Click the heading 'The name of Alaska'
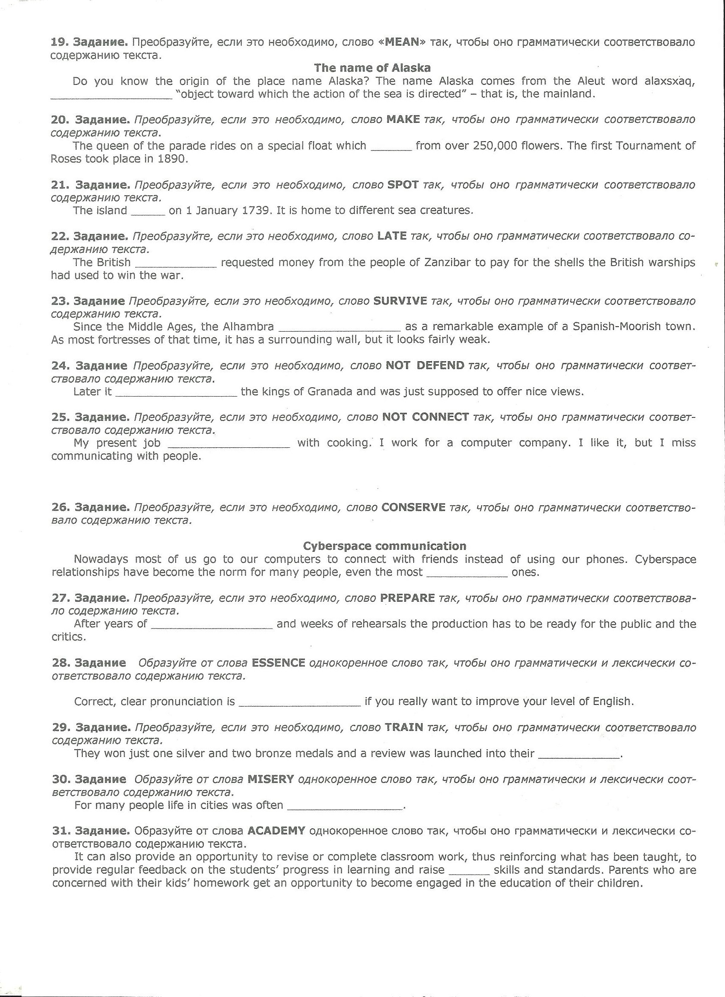pos(372,68)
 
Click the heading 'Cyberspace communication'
pos(385,546)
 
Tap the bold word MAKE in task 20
pos(403,119)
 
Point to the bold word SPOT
pos(403,185)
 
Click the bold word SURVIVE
pos(400,301)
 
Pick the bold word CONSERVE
pos(413,507)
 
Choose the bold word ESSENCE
pos(278,663)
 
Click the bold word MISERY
pos(270,780)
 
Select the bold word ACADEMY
pos(276,831)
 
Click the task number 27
pos(59,598)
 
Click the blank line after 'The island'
pos(148,212)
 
